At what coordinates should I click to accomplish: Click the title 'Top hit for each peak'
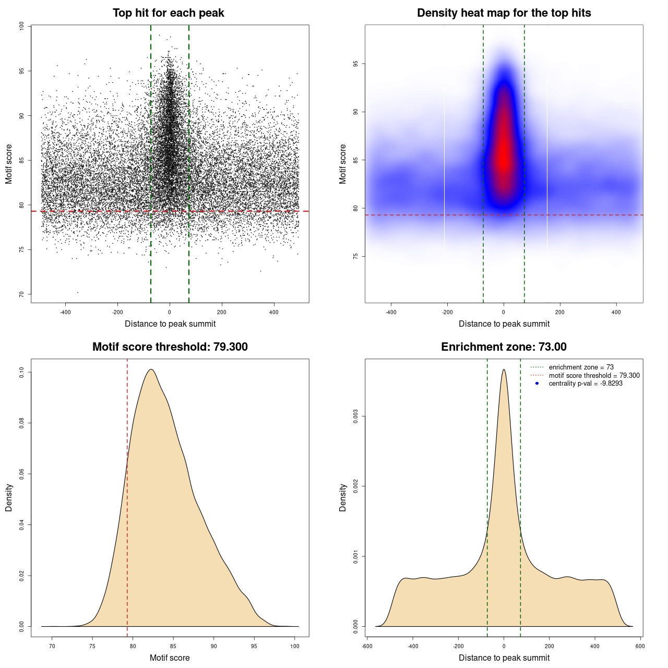pyautogui.click(x=168, y=13)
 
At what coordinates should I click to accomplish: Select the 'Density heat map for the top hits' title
pyautogui.click(x=504, y=13)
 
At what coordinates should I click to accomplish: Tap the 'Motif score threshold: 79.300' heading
pyautogui.click(x=170, y=347)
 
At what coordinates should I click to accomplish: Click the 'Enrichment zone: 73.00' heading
pyautogui.click(x=504, y=347)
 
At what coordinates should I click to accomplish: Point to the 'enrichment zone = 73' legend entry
pyautogui.click(x=581, y=367)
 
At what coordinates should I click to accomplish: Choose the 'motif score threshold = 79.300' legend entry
pyautogui.click(x=594, y=375)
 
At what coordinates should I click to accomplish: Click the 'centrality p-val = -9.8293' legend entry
pyautogui.click(x=586, y=384)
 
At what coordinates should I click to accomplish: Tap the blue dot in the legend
pyautogui.click(x=537, y=384)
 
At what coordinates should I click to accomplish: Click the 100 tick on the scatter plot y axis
pyautogui.click(x=21, y=26)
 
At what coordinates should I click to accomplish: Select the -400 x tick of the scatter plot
pyautogui.click(x=65, y=313)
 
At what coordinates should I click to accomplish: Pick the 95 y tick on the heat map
pyautogui.click(x=355, y=64)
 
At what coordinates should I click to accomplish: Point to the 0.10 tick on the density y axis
pyautogui.click(x=21, y=372)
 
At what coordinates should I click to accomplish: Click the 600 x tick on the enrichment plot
pyautogui.click(x=640, y=646)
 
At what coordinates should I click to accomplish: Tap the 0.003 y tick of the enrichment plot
pyautogui.click(x=355, y=416)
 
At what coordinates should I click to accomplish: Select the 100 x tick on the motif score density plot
pyautogui.click(x=295, y=646)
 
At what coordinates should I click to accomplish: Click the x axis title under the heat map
pyautogui.click(x=504, y=324)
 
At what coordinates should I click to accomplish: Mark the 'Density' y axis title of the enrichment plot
pyautogui.click(x=343, y=497)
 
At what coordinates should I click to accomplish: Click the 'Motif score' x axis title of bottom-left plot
pyautogui.click(x=170, y=658)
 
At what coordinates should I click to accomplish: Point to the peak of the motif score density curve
pyautogui.click(x=151, y=369)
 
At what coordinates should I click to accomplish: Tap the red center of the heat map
pyautogui.click(x=504, y=157)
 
